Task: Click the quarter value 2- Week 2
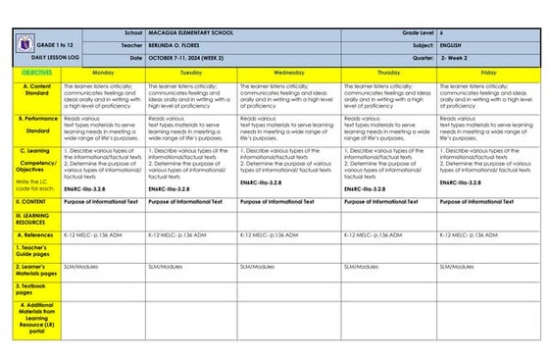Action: (458, 58)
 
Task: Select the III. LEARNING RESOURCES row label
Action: (34, 218)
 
